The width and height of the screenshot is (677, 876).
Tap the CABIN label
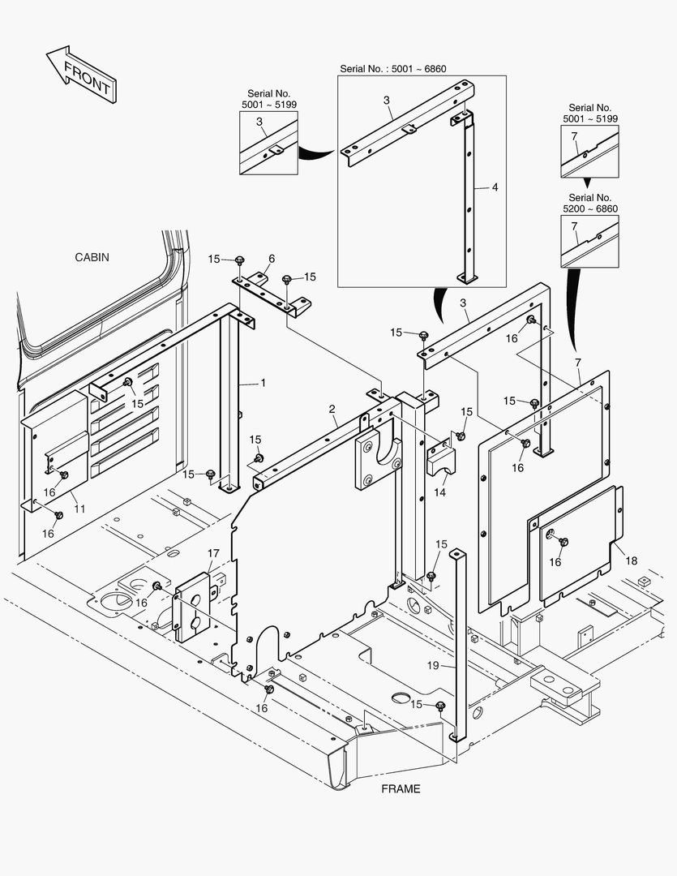pos(92,257)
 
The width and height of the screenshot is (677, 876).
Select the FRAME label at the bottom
pos(401,789)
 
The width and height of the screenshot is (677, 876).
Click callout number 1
pos(263,381)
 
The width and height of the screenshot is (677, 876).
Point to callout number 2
pos(332,409)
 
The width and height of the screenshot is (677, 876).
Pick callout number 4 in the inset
pos(495,187)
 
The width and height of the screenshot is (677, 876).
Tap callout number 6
pos(272,259)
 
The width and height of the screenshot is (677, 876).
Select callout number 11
pos(79,509)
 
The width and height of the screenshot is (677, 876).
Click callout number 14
pos(440,492)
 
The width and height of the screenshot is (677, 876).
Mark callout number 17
pos(212,554)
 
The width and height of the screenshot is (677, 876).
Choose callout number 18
pos(632,560)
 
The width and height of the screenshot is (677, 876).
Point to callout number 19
pos(433,665)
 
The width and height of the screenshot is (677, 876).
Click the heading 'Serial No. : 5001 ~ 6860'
pos(392,69)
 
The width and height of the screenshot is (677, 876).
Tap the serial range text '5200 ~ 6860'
pos(590,209)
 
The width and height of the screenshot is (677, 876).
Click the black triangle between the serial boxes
pos(589,183)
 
